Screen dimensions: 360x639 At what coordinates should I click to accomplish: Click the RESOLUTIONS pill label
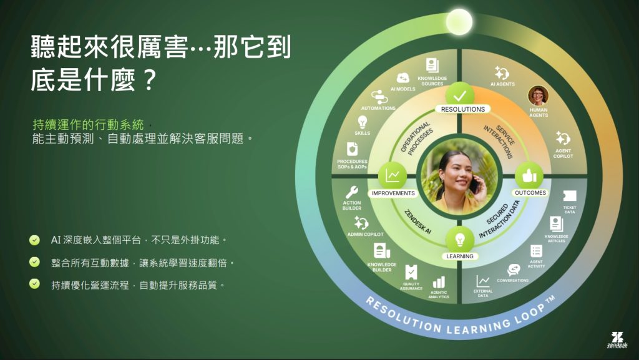[x=462, y=109]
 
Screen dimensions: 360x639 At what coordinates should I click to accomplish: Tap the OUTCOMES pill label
[x=530, y=193]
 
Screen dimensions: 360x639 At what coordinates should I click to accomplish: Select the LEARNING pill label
[x=460, y=256]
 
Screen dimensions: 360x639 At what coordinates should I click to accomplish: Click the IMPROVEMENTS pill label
[x=393, y=193]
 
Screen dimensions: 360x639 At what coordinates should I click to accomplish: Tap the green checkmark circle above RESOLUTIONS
[x=462, y=95]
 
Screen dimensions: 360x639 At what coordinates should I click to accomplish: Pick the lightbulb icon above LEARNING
[x=460, y=240]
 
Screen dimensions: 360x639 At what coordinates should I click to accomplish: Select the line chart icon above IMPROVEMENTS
[x=393, y=176]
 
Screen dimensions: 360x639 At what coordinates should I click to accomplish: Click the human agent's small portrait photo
[x=537, y=95]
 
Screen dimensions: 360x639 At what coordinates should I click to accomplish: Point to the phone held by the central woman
[x=474, y=185]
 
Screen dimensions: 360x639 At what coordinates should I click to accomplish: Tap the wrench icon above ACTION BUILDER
[x=352, y=192]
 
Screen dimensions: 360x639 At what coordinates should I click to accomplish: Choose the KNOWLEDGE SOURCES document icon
[x=432, y=66]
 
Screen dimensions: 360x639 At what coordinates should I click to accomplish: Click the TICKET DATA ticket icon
[x=570, y=197]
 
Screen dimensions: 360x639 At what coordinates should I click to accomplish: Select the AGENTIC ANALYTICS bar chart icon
[x=439, y=283]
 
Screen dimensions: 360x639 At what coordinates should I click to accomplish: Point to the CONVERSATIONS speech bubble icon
[x=514, y=270]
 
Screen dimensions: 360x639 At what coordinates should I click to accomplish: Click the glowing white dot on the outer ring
[x=459, y=22]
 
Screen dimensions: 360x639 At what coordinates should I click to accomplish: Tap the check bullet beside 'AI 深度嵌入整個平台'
[x=34, y=240]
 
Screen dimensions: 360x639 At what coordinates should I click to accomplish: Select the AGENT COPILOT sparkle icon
[x=563, y=138]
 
